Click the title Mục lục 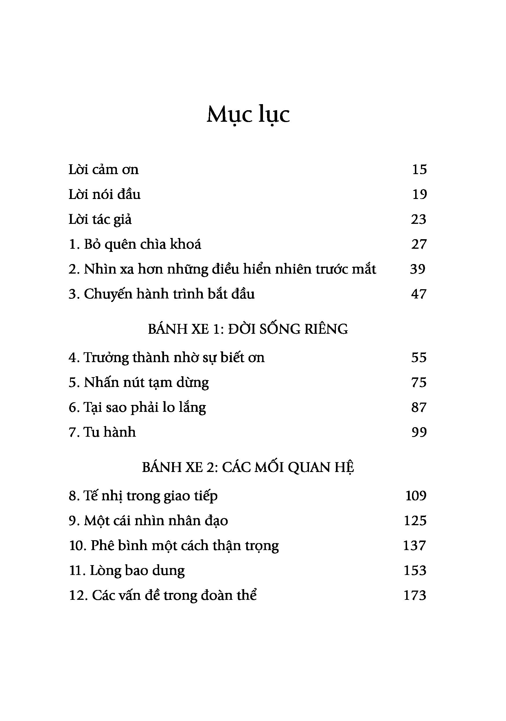pos(248,114)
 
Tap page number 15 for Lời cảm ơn pos(419,169)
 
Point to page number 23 pos(419,219)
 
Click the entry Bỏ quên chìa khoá pos(135,244)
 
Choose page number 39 pos(418,269)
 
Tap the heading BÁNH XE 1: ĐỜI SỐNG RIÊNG pos(248,329)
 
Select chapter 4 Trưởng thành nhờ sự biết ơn pos(166,358)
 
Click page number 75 pos(419,383)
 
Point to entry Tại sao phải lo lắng pos(137,407)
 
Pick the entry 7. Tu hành pos(102,432)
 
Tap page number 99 pos(419,432)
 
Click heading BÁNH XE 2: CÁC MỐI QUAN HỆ pos(248,468)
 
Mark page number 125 pos(415,521)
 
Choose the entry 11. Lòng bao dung pos(127,571)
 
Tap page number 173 pos(415,595)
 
